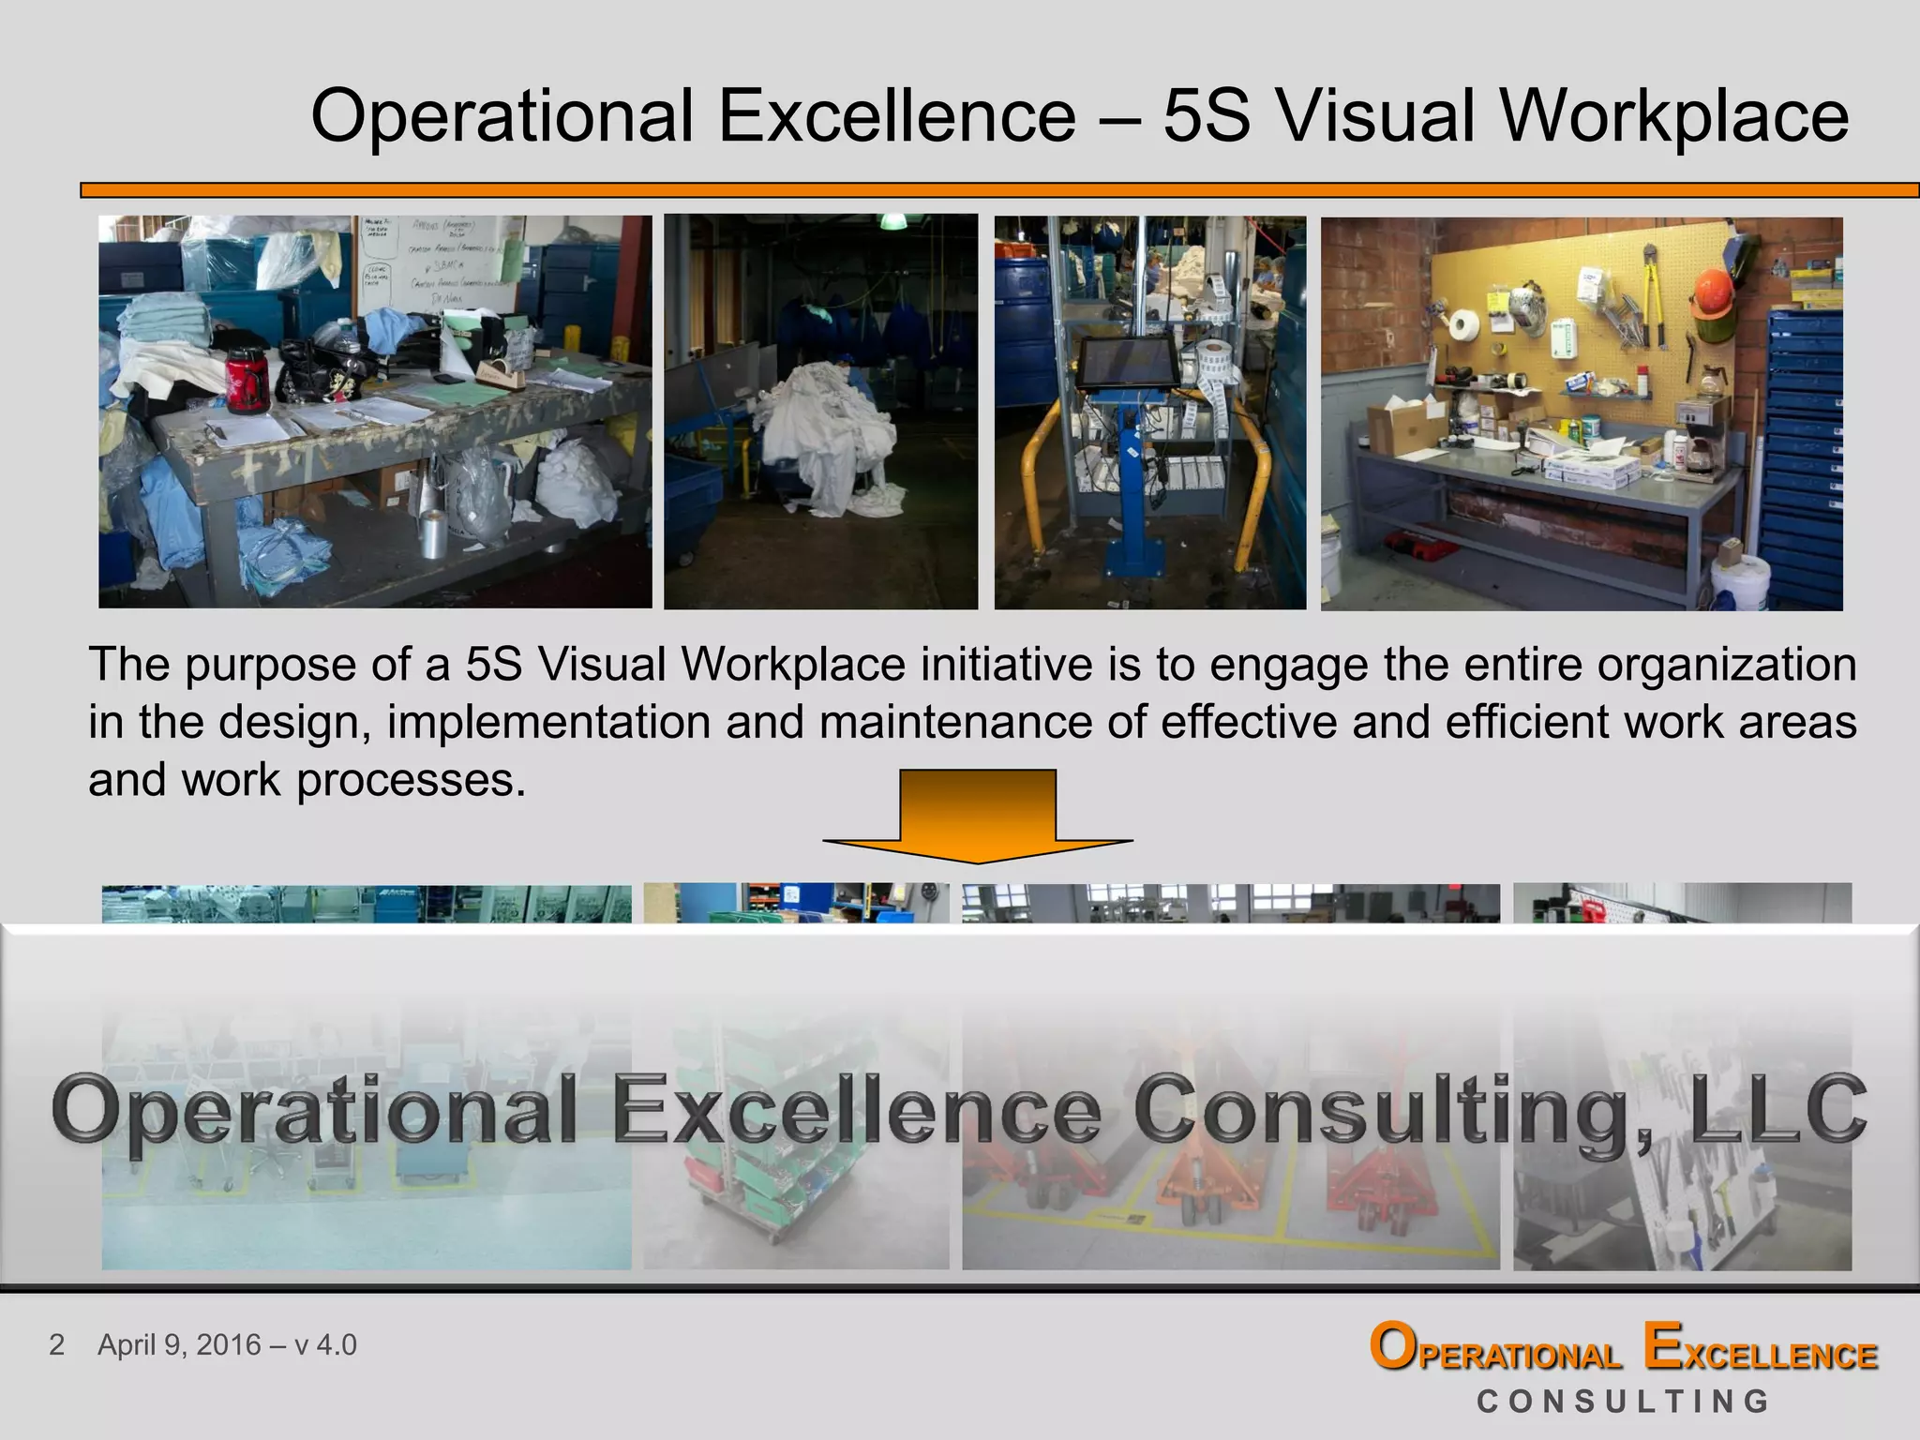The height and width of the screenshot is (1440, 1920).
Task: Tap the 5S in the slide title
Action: (x=1207, y=116)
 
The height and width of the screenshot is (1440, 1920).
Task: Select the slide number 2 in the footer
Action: (x=57, y=1344)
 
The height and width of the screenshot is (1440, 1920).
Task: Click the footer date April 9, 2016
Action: (x=179, y=1344)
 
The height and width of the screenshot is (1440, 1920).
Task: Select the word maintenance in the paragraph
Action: (x=954, y=722)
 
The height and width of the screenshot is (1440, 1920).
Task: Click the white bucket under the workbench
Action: (x=1740, y=579)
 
